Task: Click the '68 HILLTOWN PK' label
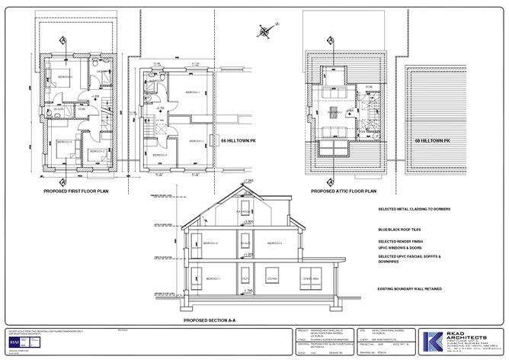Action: (432, 141)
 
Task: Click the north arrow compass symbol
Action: (264, 32)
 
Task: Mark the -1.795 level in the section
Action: (246, 291)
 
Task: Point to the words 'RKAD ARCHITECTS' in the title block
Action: (470, 333)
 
